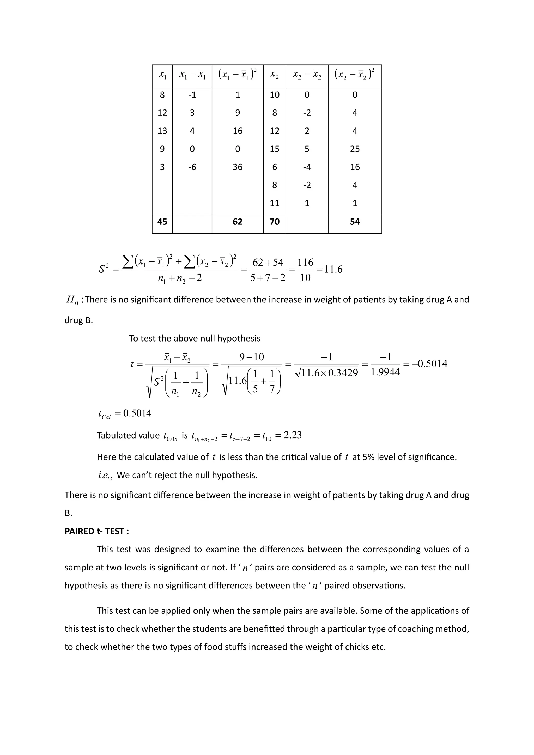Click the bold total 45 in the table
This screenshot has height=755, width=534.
click(162, 222)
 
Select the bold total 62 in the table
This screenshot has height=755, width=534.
click(238, 222)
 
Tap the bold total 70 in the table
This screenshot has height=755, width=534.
click(275, 222)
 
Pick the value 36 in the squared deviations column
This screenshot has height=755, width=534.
click(238, 167)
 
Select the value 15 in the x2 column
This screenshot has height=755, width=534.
click(275, 149)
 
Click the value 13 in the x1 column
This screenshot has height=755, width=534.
click(162, 131)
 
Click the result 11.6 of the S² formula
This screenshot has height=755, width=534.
click(333, 269)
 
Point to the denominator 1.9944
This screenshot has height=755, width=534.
click(385, 372)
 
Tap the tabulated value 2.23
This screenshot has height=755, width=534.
click(292, 435)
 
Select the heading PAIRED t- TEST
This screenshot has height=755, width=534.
click(96, 531)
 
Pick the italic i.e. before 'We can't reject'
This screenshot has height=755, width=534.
click(105, 475)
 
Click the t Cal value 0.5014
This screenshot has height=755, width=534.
click(137, 413)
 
